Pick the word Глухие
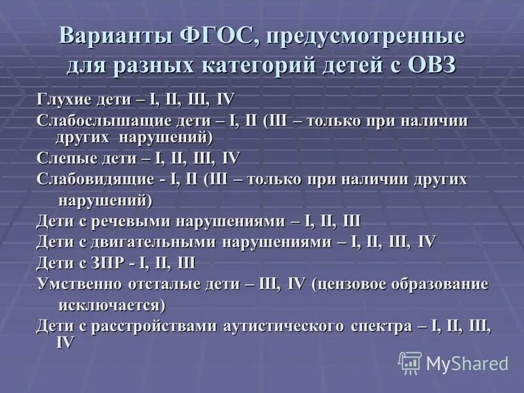(61, 100)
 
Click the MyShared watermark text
(467, 363)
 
